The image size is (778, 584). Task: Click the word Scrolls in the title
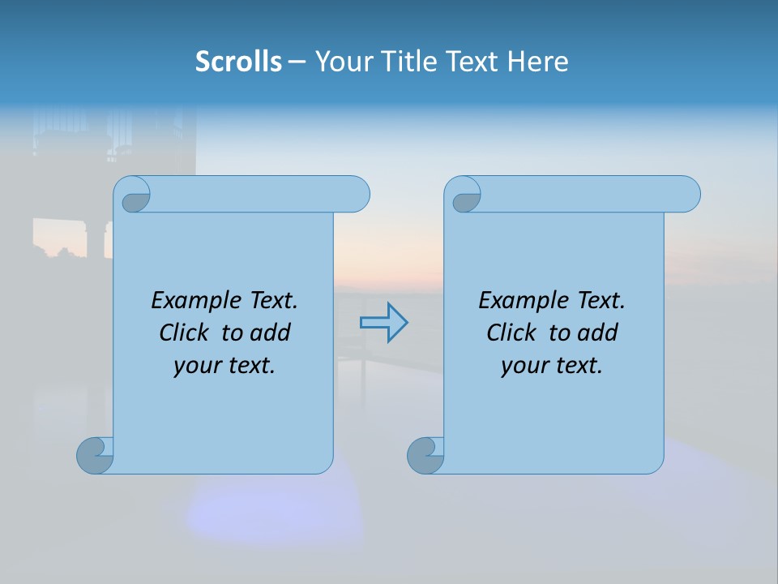(238, 61)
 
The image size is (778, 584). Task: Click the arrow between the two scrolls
(383, 323)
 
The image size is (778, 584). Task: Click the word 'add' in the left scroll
(271, 333)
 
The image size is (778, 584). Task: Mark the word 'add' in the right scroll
(598, 333)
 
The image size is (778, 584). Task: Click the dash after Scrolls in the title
(297, 61)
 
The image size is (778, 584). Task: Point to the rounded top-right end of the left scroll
(357, 194)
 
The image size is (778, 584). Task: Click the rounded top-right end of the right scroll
(688, 194)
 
